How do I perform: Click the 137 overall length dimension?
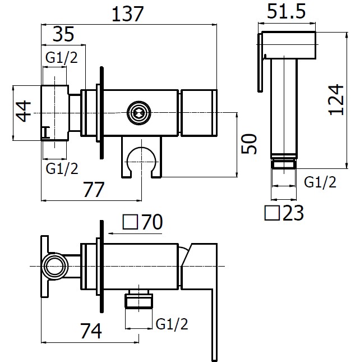click(x=127, y=14)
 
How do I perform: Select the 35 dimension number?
click(x=63, y=34)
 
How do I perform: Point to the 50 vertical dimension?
click(x=249, y=144)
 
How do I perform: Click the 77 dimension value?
click(x=94, y=190)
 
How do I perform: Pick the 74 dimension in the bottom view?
click(x=91, y=331)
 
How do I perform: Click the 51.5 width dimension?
click(x=286, y=11)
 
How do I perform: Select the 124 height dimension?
click(x=336, y=99)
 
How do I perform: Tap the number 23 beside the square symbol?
click(x=293, y=213)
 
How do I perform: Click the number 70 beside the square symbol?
click(x=152, y=222)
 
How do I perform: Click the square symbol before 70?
click(x=130, y=222)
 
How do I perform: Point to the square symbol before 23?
click(x=272, y=213)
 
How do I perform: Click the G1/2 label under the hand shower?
click(x=320, y=182)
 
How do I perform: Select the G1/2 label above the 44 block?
click(x=62, y=57)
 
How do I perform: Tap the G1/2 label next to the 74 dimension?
click(x=172, y=324)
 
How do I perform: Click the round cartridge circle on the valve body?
click(x=139, y=113)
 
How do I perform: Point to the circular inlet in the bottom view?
click(x=55, y=267)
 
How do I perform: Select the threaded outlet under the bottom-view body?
click(x=139, y=300)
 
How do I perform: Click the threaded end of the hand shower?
click(x=284, y=164)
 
